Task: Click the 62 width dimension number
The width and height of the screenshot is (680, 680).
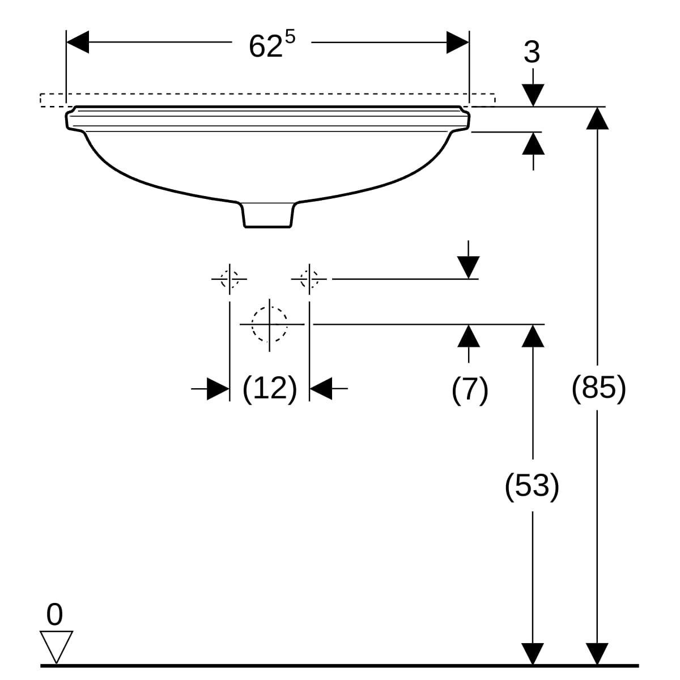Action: tap(265, 46)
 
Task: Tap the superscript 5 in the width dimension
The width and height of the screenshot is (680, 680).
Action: tap(290, 37)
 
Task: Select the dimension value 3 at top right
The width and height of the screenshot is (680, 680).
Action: tap(532, 53)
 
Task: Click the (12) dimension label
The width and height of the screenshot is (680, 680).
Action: tap(270, 389)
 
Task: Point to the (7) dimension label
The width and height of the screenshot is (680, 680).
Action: tap(470, 390)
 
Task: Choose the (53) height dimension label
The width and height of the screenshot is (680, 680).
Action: tap(532, 486)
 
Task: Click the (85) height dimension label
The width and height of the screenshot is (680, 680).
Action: tap(598, 389)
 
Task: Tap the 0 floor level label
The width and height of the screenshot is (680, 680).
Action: tap(54, 615)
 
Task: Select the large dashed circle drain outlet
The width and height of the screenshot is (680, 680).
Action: tap(270, 324)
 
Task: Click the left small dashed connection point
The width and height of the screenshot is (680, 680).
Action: tap(229, 279)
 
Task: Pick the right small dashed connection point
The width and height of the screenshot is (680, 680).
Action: tap(309, 279)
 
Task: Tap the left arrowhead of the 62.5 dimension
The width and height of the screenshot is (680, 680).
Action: tap(78, 42)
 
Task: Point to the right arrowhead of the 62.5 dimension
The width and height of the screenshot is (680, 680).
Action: tap(458, 42)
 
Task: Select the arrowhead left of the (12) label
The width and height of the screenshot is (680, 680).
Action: tap(218, 389)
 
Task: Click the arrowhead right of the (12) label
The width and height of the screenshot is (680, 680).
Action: tap(321, 389)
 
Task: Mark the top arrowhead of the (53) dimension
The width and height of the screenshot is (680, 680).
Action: tap(532, 335)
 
